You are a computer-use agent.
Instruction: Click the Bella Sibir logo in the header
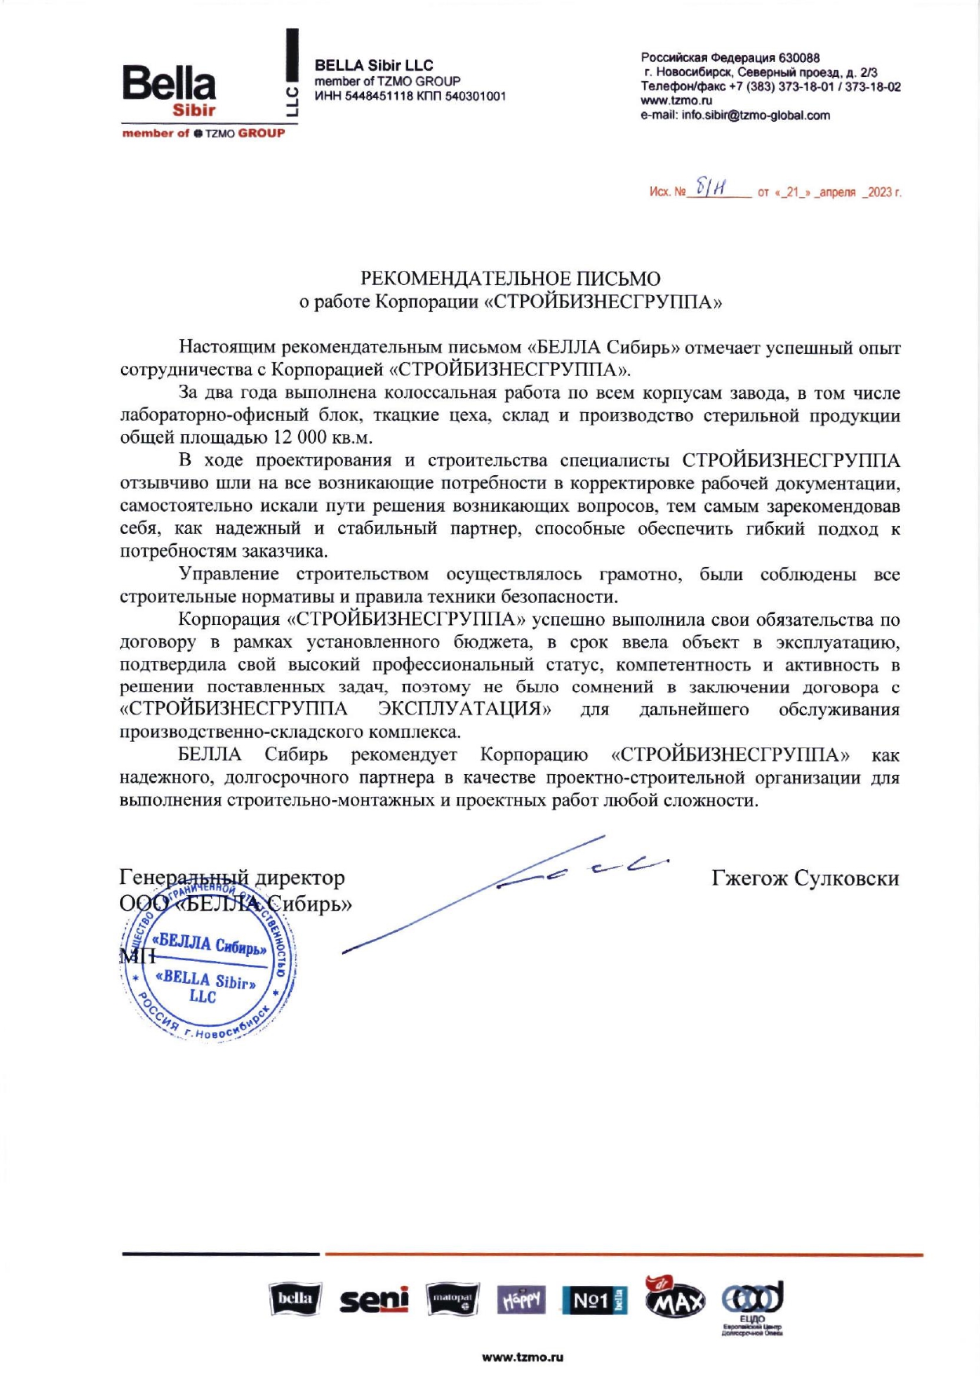point(169,91)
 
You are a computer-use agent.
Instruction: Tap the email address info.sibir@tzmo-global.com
point(756,115)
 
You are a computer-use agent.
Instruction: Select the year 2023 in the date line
point(880,192)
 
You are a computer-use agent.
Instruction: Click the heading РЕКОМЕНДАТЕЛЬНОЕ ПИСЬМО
point(510,279)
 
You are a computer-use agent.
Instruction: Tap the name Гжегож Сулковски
point(805,878)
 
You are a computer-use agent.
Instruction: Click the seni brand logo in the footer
point(374,1300)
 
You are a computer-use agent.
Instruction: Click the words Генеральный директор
point(232,878)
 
